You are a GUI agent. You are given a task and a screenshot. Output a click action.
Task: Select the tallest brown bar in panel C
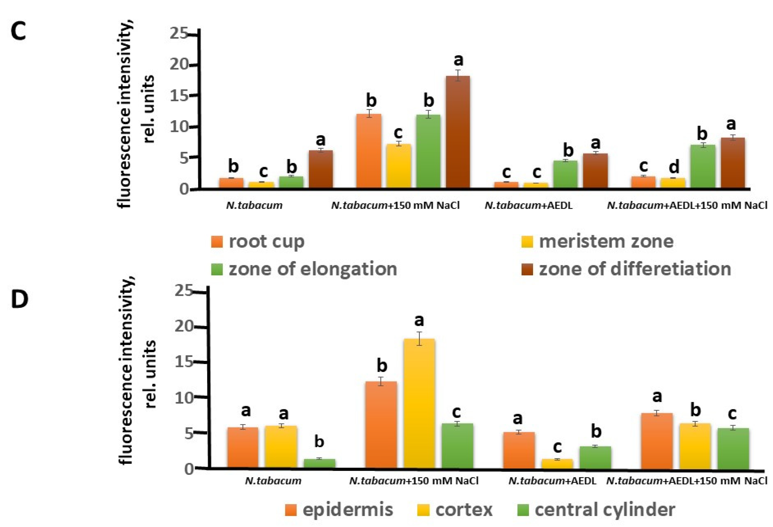click(x=458, y=131)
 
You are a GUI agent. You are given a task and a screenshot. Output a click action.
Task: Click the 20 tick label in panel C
click(x=180, y=65)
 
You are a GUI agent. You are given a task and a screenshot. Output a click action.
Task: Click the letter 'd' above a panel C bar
click(x=674, y=167)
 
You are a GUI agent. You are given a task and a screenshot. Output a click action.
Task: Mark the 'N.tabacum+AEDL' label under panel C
click(x=528, y=205)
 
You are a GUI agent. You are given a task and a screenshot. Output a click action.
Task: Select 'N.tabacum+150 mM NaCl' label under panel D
click(x=414, y=481)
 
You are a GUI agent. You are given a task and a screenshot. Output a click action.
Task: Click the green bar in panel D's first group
click(x=319, y=463)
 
